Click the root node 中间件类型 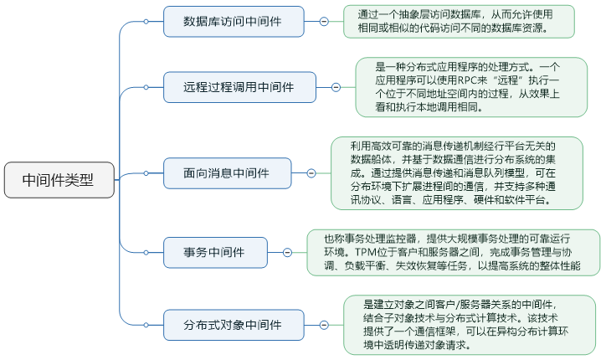pyautogui.click(x=59, y=179)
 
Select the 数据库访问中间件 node pyautogui.click(x=233, y=21)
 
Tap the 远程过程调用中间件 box pyautogui.click(x=239, y=86)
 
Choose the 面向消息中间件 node pyautogui.click(x=227, y=173)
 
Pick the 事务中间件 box pyautogui.click(x=214, y=251)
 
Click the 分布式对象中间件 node pyautogui.click(x=233, y=323)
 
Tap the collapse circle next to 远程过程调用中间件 pyautogui.click(x=336, y=86)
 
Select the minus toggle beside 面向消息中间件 pyautogui.click(x=311, y=173)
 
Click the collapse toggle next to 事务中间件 pyautogui.click(x=287, y=251)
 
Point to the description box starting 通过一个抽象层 pyautogui.click(x=459, y=21)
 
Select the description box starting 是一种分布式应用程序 pyautogui.click(x=470, y=86)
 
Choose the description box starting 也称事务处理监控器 pyautogui.click(x=453, y=251)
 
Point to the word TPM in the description pyautogui.click(x=364, y=251)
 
